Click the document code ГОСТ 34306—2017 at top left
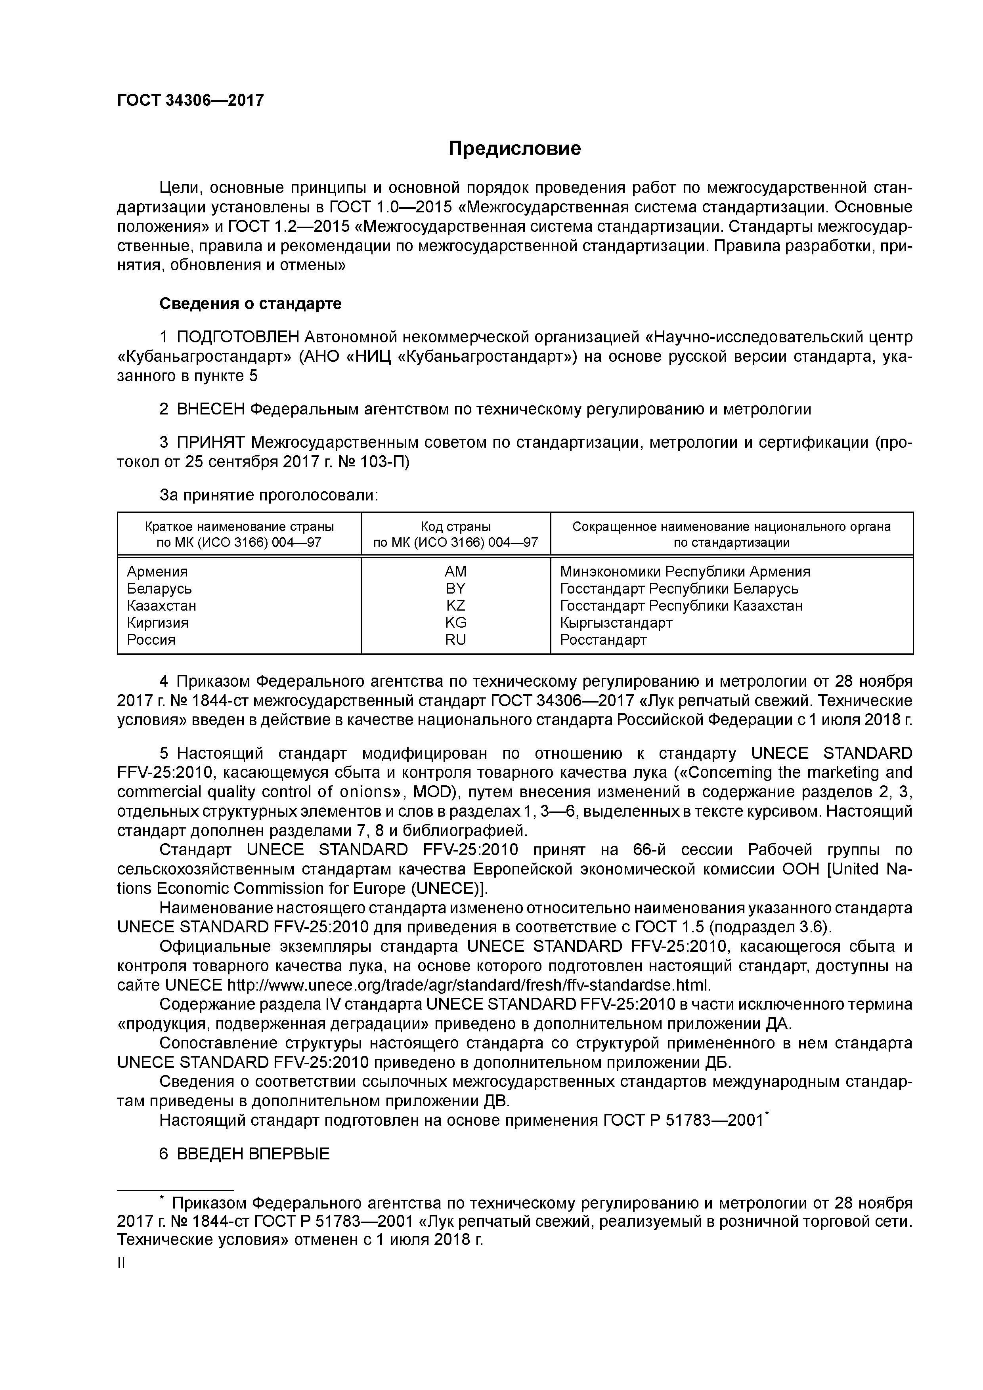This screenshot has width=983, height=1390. [x=190, y=101]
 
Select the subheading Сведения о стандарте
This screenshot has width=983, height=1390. [x=250, y=303]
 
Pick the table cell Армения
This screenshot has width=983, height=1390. [x=157, y=571]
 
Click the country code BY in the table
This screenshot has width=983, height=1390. [x=455, y=588]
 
